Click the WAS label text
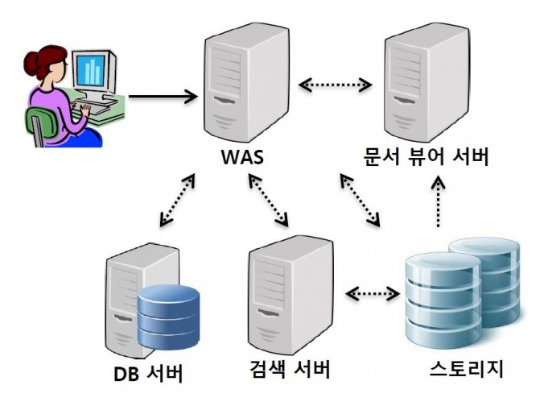242,157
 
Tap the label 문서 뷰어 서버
426,157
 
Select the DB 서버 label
149,374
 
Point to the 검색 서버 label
290,369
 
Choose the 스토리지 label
467,368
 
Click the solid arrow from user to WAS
163,97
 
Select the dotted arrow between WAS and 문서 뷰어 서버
336,85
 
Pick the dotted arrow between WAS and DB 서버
177,200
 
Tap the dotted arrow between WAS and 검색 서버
268,200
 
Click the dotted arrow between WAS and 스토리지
360,200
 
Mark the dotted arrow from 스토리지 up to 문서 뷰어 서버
439,202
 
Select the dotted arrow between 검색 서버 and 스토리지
373,293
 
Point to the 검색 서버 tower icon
290,295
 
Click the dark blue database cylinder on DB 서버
168,317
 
